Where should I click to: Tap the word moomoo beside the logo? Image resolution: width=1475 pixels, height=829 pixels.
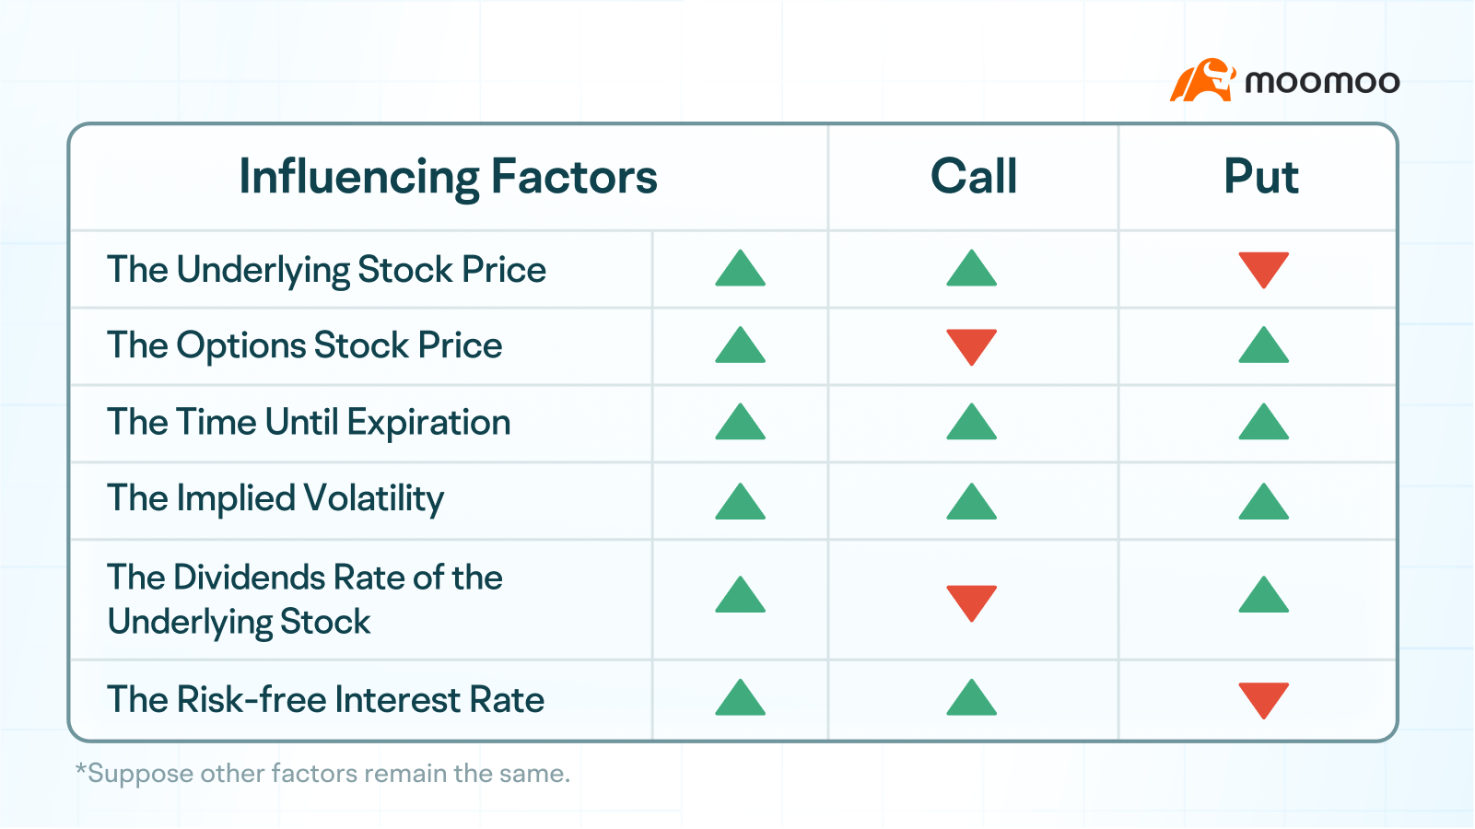(x=1322, y=82)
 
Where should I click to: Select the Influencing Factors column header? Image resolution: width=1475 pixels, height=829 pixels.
(x=448, y=177)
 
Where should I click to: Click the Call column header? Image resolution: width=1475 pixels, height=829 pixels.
(x=974, y=177)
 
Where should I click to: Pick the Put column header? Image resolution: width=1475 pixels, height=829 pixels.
(x=1260, y=177)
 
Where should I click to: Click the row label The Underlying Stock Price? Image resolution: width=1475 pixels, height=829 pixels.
(x=326, y=270)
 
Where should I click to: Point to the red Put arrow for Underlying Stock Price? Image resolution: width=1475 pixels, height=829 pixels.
(x=1263, y=268)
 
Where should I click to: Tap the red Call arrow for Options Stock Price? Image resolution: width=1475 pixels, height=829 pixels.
(x=971, y=345)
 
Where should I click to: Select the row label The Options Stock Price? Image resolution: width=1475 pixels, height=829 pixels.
(x=304, y=346)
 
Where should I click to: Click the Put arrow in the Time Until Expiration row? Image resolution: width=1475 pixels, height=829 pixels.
(x=1263, y=423)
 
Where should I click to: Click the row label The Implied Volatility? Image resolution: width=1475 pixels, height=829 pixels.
(x=275, y=499)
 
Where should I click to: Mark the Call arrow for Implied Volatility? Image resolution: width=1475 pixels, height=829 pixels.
(x=971, y=503)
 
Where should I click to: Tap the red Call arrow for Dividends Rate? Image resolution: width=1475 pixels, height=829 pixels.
(x=971, y=601)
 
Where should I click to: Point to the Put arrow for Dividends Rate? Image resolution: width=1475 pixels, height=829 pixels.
(x=1263, y=596)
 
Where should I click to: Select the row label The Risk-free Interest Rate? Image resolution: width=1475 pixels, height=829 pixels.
(x=325, y=700)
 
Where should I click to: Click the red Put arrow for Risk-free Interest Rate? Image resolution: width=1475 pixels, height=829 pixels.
(x=1263, y=698)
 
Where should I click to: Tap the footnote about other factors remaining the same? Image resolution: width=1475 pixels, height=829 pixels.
(x=322, y=774)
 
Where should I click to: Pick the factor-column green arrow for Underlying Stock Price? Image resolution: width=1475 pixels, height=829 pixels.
(x=740, y=269)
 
